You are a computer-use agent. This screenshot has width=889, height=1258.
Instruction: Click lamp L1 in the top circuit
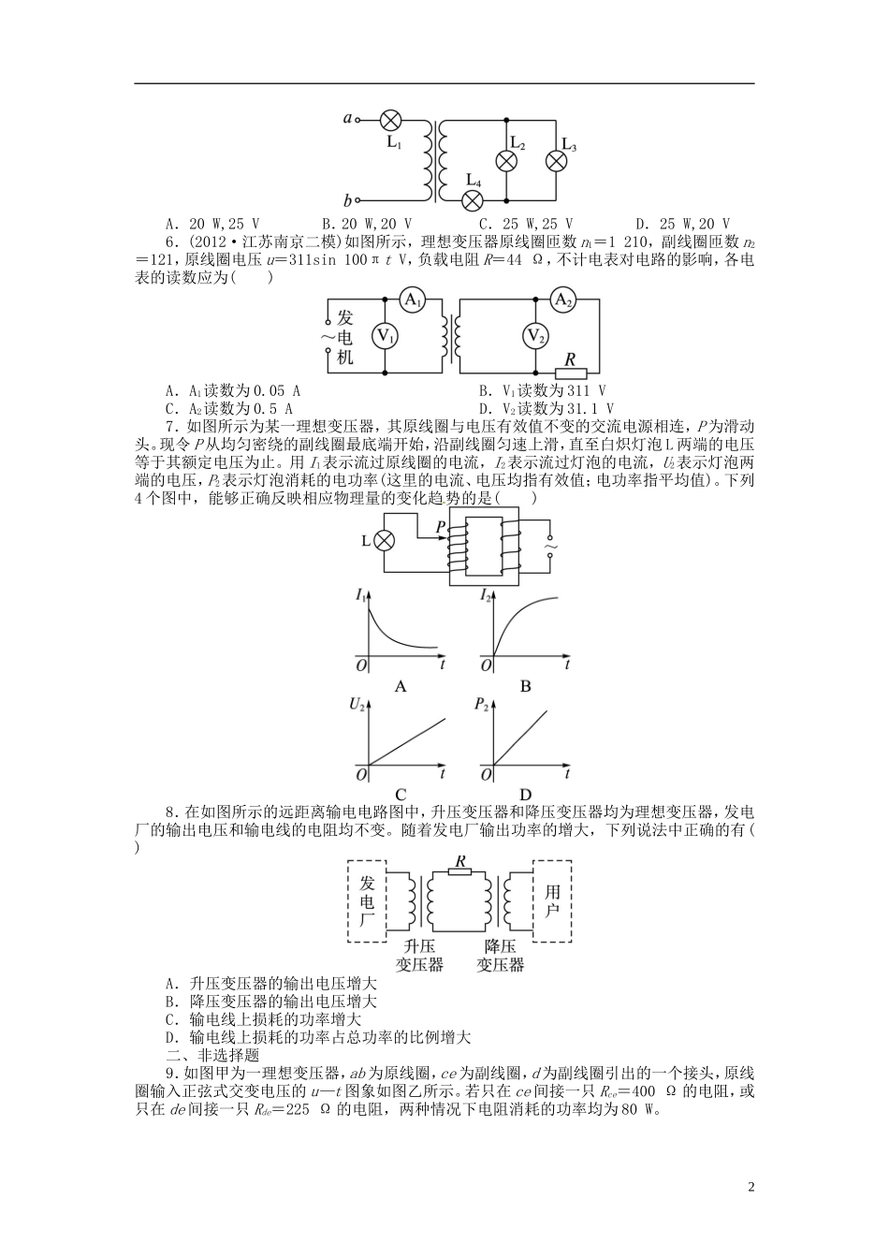click(392, 120)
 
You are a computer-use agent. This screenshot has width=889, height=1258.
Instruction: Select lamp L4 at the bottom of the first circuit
click(474, 199)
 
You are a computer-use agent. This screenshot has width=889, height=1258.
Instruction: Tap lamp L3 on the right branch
click(557, 160)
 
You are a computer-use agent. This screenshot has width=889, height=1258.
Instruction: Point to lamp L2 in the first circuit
click(506, 160)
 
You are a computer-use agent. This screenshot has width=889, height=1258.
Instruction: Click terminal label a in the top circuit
click(347, 119)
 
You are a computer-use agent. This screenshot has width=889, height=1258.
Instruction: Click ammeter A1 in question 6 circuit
click(413, 300)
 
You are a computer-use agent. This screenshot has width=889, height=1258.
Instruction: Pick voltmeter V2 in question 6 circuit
click(534, 336)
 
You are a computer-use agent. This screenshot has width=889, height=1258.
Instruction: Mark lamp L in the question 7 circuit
click(384, 541)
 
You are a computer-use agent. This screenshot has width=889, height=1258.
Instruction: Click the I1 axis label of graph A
click(361, 594)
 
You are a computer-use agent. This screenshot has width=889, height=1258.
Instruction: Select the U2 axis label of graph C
click(357, 705)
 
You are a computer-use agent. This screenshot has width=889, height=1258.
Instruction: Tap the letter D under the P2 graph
click(525, 797)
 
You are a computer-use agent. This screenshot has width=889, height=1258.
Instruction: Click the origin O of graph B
click(485, 666)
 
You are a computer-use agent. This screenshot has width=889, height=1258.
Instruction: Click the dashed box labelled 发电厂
click(367, 901)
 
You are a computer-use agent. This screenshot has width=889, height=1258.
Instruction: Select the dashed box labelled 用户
click(552, 900)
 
